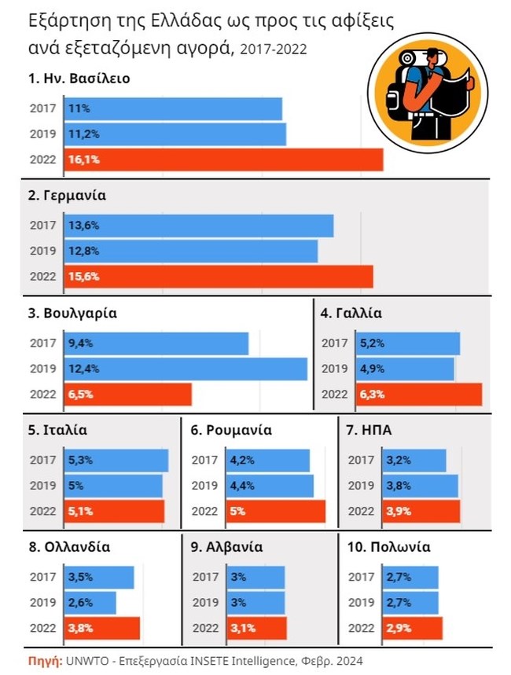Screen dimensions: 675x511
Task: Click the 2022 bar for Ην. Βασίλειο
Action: [x=222, y=160]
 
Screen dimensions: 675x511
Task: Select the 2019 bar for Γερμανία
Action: [x=190, y=251]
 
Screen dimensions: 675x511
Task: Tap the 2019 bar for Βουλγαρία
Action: [x=185, y=369]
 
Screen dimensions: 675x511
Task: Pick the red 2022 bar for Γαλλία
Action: [x=420, y=394]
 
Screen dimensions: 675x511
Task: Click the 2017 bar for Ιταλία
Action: [x=116, y=460]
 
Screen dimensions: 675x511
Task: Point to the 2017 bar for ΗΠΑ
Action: [x=414, y=460]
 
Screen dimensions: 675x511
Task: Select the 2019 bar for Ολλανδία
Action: [x=90, y=603]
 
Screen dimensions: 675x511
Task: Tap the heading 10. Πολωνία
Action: [x=388, y=547]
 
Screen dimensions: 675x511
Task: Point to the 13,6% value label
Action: [x=83, y=226]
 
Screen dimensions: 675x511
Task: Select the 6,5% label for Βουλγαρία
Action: [x=81, y=394]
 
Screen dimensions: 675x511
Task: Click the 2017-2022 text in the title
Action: [x=273, y=50]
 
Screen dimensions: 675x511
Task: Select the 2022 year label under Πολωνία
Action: [x=361, y=628]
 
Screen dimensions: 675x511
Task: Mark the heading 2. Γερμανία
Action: [x=67, y=196]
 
